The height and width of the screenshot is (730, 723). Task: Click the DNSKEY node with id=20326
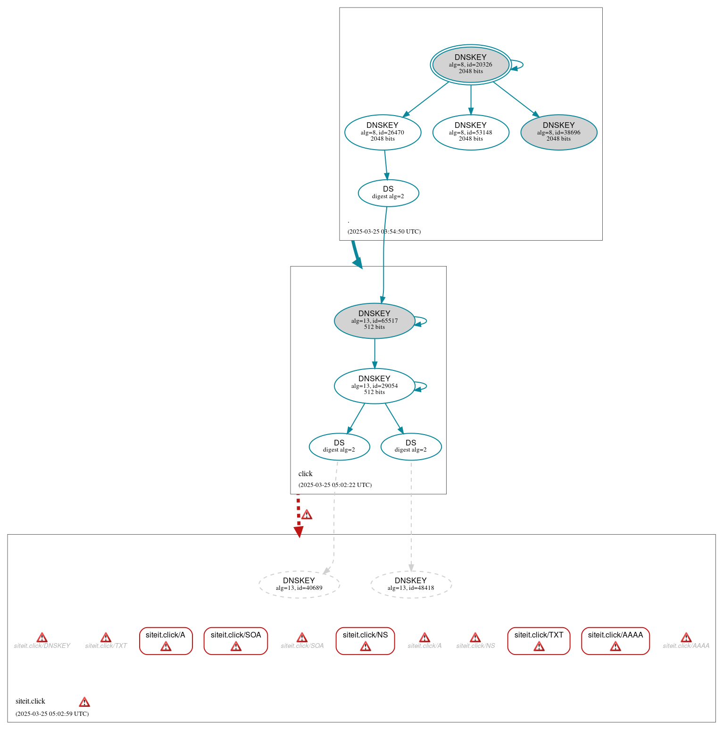click(x=470, y=65)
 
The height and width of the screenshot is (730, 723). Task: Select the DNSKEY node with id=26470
click(x=382, y=132)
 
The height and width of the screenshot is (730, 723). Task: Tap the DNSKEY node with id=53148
click(x=470, y=132)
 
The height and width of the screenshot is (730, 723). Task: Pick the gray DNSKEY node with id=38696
click(x=558, y=132)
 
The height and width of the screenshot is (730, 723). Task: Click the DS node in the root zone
click(x=388, y=193)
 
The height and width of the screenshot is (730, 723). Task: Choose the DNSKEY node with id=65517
click(x=374, y=320)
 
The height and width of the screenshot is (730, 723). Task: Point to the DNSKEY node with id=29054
click(x=374, y=386)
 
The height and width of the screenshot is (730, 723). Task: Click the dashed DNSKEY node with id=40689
click(x=299, y=584)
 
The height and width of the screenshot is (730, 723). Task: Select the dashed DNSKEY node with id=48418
click(x=411, y=584)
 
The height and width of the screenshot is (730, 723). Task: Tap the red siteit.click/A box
click(x=166, y=640)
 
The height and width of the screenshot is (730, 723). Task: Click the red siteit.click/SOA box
click(x=236, y=640)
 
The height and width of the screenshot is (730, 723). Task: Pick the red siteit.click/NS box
click(x=365, y=640)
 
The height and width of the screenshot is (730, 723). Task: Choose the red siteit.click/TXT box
click(x=539, y=640)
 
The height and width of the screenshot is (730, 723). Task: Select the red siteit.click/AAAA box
click(x=615, y=640)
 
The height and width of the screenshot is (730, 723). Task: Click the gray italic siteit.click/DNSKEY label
click(x=42, y=646)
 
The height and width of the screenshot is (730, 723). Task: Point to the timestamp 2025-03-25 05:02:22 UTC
click(x=335, y=485)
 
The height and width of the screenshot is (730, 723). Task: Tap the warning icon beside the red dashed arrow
click(x=307, y=514)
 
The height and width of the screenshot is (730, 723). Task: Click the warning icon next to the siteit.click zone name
click(x=84, y=702)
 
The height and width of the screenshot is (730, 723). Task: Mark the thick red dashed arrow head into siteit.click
click(x=299, y=532)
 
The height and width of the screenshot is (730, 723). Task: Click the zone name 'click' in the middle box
click(x=305, y=474)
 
